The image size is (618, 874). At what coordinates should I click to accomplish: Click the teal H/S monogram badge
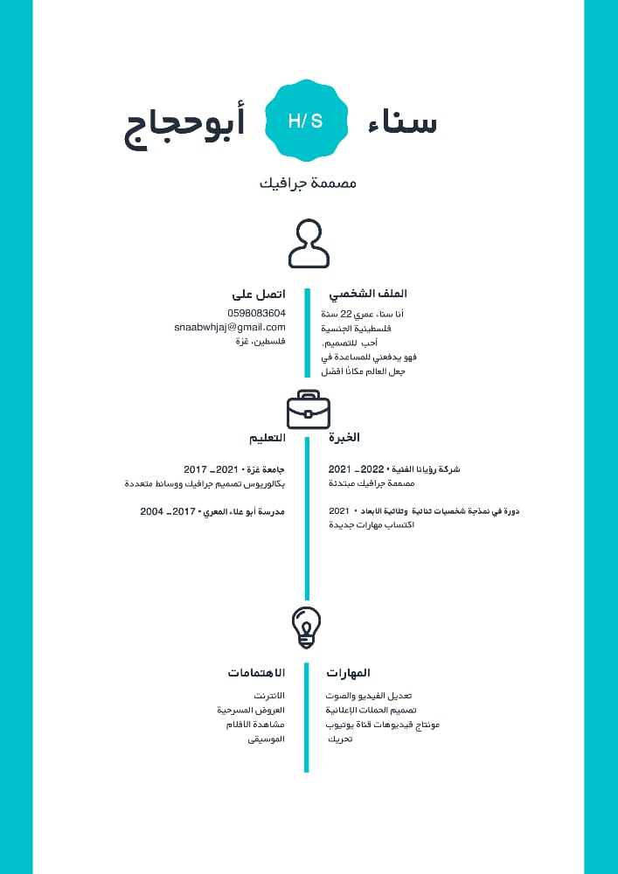pos(306,121)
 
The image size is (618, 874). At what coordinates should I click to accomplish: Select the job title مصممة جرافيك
pos(309,184)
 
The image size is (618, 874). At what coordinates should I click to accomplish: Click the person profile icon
pos(309,244)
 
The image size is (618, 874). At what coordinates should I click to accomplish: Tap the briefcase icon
pos(309,410)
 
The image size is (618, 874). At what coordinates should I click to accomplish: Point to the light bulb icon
pos(306,628)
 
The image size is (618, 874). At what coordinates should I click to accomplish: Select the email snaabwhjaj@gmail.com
pos(230,327)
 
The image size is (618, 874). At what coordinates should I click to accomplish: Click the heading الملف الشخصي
pos(368,295)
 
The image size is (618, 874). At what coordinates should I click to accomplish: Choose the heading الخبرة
pos(344,437)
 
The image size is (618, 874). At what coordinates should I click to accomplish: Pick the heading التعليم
pos(267,437)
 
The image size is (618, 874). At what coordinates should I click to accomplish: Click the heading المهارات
pos(349,673)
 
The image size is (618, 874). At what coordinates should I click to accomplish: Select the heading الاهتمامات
pos(256,673)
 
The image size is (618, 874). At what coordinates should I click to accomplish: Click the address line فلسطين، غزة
pos(260,342)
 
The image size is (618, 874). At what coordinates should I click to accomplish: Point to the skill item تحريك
pos(340,739)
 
